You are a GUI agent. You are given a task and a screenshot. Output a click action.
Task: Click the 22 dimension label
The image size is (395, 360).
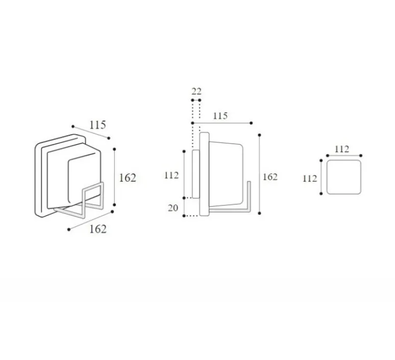tap(196, 91)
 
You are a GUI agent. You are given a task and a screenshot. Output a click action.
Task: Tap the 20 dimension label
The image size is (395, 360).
tap(173, 208)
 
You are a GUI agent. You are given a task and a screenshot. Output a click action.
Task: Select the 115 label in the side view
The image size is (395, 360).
tap(220, 116)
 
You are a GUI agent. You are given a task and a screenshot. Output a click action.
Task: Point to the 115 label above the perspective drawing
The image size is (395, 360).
tap(98, 125)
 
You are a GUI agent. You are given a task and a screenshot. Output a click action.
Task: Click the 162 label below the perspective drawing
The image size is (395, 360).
tap(98, 229)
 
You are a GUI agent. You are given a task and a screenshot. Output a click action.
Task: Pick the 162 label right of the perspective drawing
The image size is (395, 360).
tap(128, 178)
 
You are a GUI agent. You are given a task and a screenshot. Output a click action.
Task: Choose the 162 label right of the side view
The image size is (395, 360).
tap(270, 177)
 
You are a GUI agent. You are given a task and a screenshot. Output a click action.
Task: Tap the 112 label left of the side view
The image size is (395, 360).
tap(171, 175)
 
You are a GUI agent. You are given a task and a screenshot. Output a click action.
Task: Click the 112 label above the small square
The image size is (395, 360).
tap(342, 149)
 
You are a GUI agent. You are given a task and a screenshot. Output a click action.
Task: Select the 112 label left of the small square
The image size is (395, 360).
tap(310, 179)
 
